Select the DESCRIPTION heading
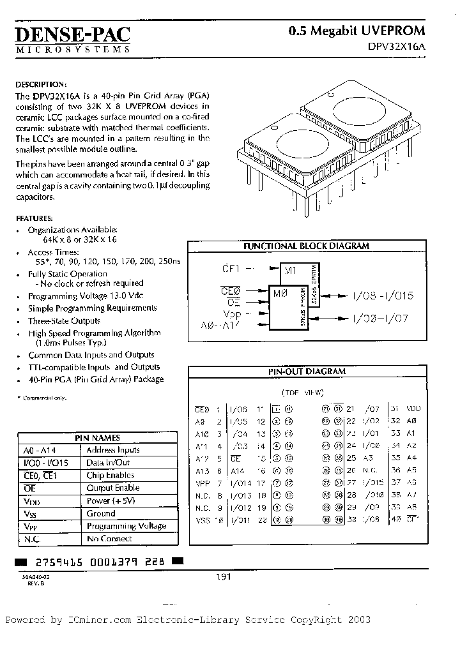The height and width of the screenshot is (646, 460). pos(40,84)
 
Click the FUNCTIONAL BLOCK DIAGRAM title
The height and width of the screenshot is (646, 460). pos(307,246)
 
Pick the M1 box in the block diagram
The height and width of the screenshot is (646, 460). pos(291,271)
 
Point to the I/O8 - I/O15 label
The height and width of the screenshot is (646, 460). pos(383,296)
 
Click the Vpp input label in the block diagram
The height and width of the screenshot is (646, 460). pos(232,314)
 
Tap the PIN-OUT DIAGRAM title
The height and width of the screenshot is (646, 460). pos(307,371)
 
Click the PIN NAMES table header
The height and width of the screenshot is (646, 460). pos(97,438)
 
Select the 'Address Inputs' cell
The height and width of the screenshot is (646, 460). pos(113,450)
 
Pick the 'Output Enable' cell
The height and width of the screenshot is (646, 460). pos(113,488)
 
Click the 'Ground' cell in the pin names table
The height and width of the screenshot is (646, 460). pos(101,513)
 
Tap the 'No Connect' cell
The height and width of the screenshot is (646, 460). pos(109,539)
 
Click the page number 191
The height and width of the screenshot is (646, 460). pos(222,576)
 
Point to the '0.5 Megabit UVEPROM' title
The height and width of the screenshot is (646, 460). pos(356,31)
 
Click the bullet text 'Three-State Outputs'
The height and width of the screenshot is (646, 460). pos(64,320)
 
